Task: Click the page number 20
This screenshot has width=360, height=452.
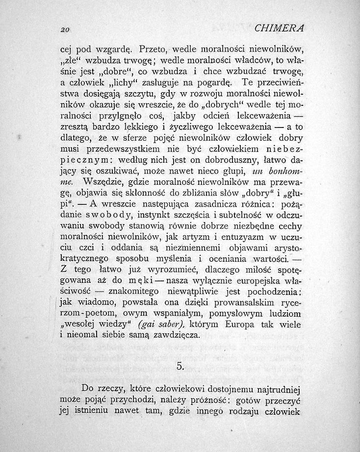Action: pyautogui.click(x=64, y=29)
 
